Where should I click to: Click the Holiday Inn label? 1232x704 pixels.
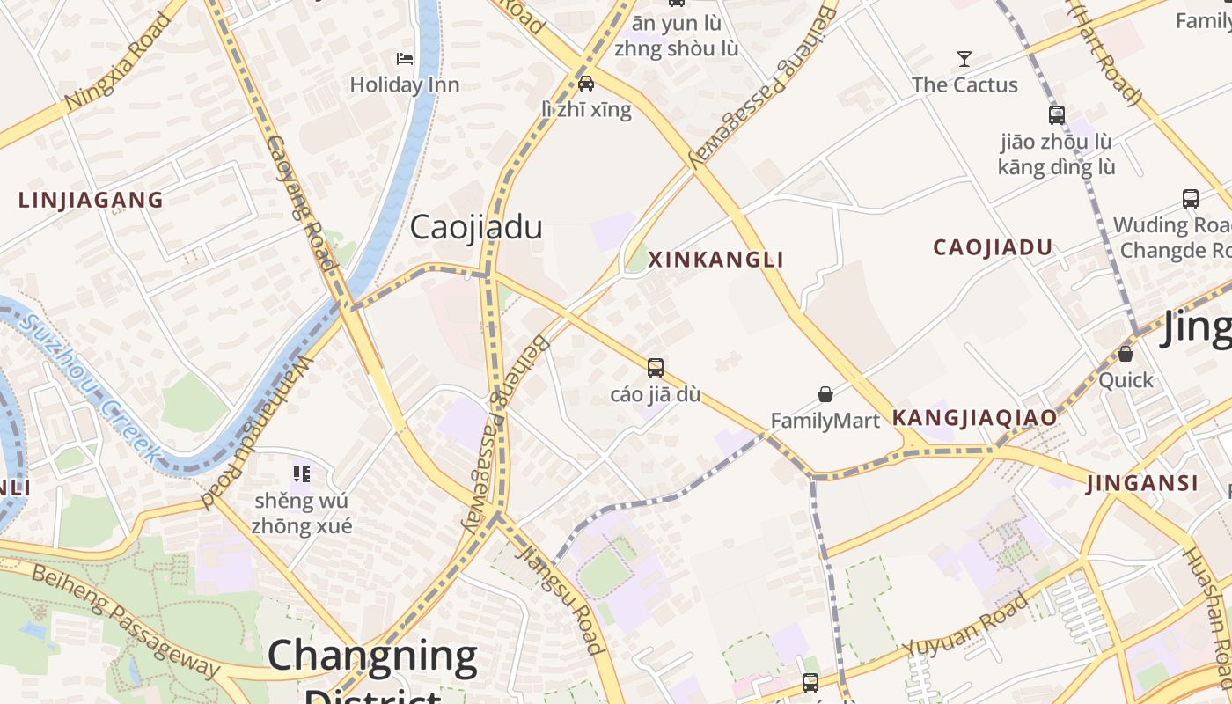click(x=405, y=85)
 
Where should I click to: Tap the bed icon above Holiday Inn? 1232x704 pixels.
click(x=405, y=59)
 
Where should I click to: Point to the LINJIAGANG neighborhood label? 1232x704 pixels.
click(x=92, y=201)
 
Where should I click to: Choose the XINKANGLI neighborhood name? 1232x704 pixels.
click(x=715, y=260)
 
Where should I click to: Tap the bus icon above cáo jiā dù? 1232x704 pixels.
click(x=656, y=368)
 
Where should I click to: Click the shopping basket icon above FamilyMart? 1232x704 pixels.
click(x=825, y=393)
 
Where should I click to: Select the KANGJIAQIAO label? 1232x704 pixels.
click(x=975, y=418)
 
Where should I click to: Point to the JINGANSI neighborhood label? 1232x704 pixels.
click(x=1142, y=483)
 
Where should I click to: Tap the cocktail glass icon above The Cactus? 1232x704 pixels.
click(x=964, y=59)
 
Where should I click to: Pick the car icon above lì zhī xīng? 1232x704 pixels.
click(x=586, y=84)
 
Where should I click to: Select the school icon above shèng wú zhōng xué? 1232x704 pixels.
click(x=302, y=475)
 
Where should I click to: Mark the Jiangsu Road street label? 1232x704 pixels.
click(x=561, y=601)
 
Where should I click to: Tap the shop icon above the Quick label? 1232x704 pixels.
click(x=1126, y=354)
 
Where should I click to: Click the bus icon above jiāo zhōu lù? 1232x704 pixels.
click(x=1057, y=115)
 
